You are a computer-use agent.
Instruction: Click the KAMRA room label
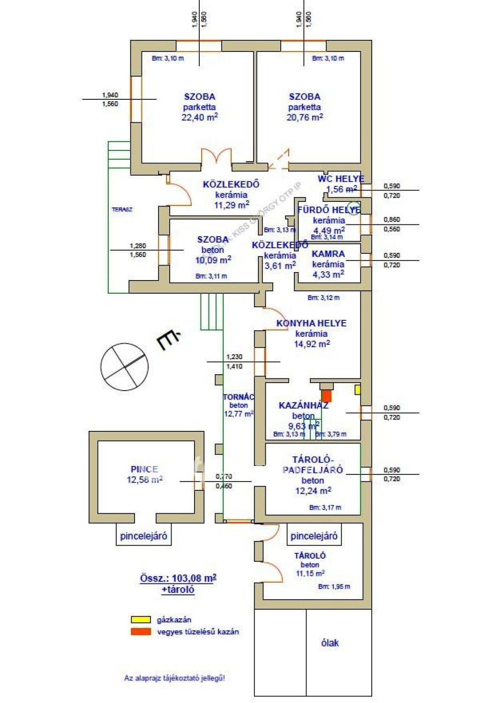pos(328,254)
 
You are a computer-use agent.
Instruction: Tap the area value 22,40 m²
pos(199,117)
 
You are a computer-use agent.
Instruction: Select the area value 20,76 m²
pos(305,117)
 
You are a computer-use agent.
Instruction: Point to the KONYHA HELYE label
pos(311,323)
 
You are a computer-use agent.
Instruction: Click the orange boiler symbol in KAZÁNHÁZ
pos(326,396)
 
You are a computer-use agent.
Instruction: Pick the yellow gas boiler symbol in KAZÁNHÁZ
pos(357,389)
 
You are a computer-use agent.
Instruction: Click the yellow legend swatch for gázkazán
pos(141,620)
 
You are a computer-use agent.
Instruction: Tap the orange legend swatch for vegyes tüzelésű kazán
pos(141,631)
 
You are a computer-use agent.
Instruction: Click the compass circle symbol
pos(124,367)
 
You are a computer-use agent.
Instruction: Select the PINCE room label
pos(144,469)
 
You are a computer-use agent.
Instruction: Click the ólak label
pos(330,643)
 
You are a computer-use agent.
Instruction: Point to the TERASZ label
pos(122,209)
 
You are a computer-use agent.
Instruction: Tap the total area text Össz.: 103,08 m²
pos(178,578)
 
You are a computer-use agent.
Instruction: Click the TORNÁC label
pos(239,397)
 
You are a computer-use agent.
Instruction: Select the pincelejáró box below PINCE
pos(143,536)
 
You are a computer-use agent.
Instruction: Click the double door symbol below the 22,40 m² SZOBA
pos(216,156)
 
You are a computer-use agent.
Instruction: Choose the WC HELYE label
pos(341,178)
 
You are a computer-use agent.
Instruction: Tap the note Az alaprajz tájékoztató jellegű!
pos(174,678)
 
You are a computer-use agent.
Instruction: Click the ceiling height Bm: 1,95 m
pos(334,586)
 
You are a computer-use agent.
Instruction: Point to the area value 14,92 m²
pos(312,344)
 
